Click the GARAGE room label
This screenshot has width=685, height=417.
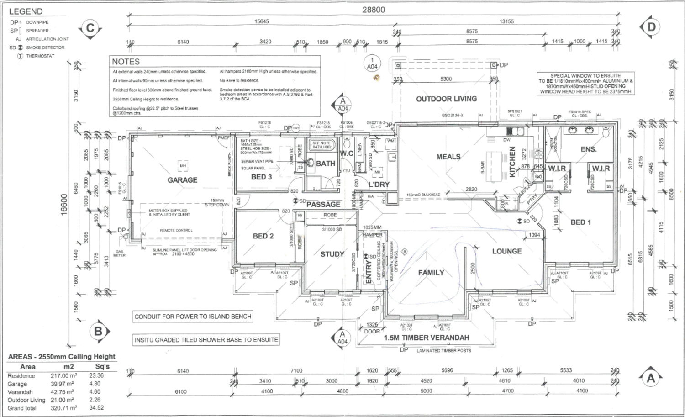coord(182,180)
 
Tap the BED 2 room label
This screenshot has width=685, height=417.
coord(263,236)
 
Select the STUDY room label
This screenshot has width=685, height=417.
coord(332,254)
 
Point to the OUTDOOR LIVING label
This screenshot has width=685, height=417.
coord(446,99)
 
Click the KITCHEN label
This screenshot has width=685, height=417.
coord(512,162)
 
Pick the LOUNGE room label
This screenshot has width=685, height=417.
coord(506,251)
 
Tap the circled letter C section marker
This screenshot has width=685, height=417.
coord(90,29)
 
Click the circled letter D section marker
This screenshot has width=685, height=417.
coord(651,27)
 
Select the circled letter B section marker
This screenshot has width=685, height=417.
coord(98,331)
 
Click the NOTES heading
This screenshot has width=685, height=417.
coord(126,62)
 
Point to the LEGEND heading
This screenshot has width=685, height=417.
coord(26,11)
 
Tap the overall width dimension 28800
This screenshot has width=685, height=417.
coord(374,10)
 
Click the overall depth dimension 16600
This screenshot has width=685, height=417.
coord(64,204)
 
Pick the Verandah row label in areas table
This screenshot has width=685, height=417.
coord(20,392)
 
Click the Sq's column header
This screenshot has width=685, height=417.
coord(102,366)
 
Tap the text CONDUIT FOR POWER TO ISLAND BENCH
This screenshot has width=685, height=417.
coord(193,316)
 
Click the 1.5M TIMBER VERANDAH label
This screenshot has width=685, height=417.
coord(426,338)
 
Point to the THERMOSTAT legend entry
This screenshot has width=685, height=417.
coord(40,56)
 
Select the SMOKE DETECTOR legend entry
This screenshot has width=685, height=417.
coord(45,48)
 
